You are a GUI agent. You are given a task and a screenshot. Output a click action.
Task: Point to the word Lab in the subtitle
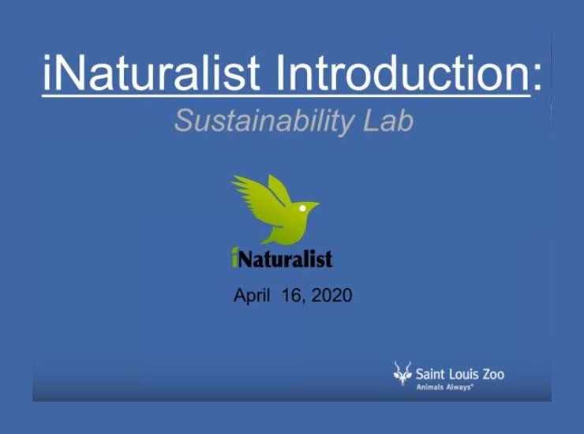click(389, 121)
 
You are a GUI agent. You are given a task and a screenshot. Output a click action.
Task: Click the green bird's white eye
click(301, 208)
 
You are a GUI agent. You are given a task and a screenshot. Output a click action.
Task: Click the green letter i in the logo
click(235, 256)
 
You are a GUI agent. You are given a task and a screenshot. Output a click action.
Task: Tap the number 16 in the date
click(291, 297)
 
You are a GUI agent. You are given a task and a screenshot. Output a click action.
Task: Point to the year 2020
click(331, 297)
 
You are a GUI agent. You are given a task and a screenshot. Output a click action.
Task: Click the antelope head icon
click(402, 372)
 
